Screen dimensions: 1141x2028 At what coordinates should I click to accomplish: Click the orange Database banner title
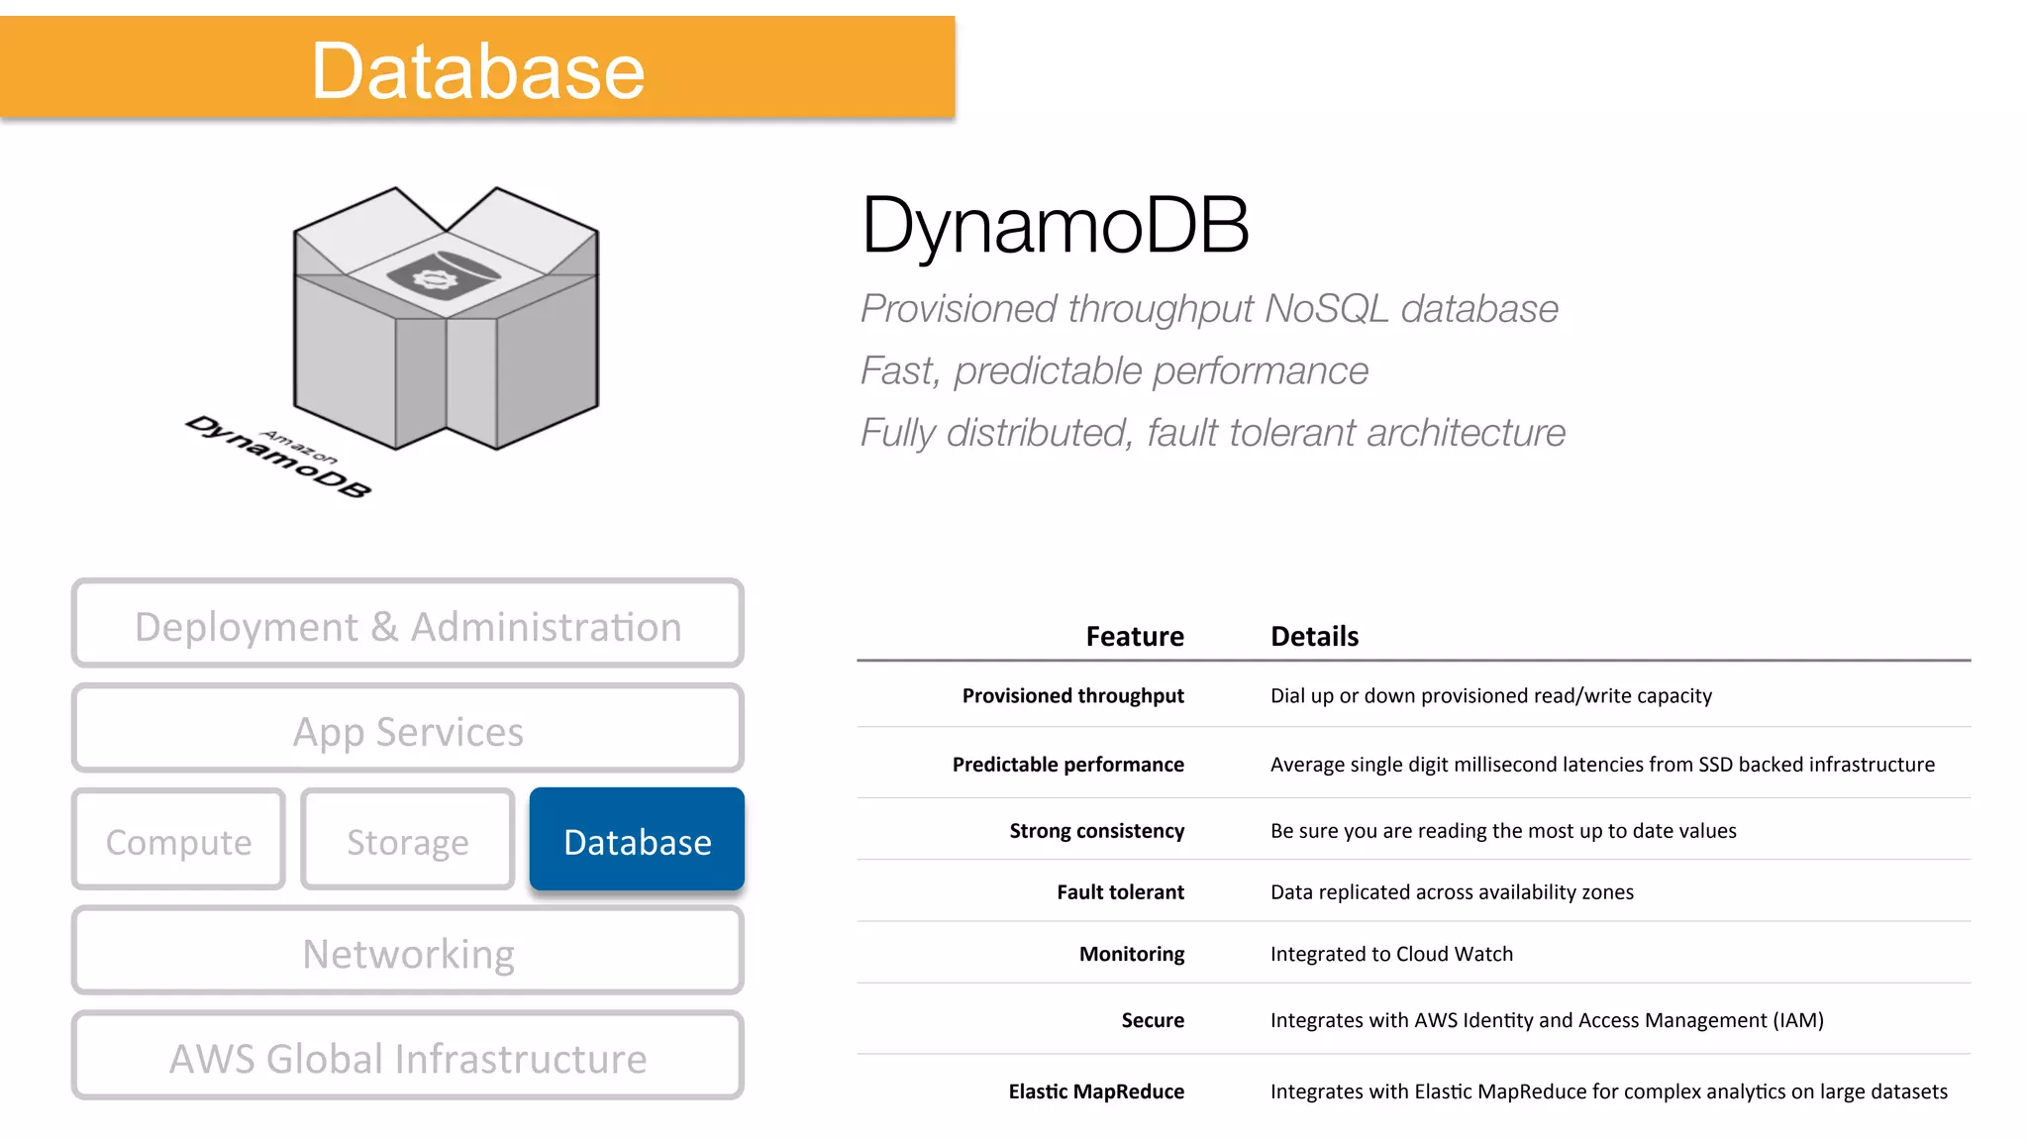(x=477, y=70)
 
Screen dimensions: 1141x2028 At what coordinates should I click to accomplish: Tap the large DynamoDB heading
(x=1055, y=226)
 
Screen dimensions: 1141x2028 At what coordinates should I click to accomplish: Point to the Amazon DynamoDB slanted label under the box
(x=278, y=457)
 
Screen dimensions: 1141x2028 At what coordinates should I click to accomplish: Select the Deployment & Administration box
(x=407, y=625)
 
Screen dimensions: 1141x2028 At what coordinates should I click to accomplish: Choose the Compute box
(x=179, y=841)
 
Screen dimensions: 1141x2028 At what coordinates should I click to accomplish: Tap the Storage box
(x=407, y=841)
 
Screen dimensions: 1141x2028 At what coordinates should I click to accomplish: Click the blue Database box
(x=637, y=841)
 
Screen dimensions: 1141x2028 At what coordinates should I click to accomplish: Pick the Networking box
(x=407, y=953)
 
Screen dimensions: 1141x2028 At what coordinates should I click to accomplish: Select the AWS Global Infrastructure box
(x=407, y=1058)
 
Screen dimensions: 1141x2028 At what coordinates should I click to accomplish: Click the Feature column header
(x=1134, y=636)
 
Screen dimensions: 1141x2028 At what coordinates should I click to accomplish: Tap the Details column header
(x=1314, y=636)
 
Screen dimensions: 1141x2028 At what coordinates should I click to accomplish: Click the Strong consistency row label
(x=1096, y=831)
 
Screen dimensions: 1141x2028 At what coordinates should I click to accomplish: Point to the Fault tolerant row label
(x=1120, y=892)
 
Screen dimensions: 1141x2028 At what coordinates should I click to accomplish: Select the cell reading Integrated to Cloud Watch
(x=1391, y=954)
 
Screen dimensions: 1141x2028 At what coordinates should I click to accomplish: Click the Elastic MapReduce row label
(x=1096, y=1091)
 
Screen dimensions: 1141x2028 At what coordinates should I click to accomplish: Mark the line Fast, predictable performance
(x=1114, y=371)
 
